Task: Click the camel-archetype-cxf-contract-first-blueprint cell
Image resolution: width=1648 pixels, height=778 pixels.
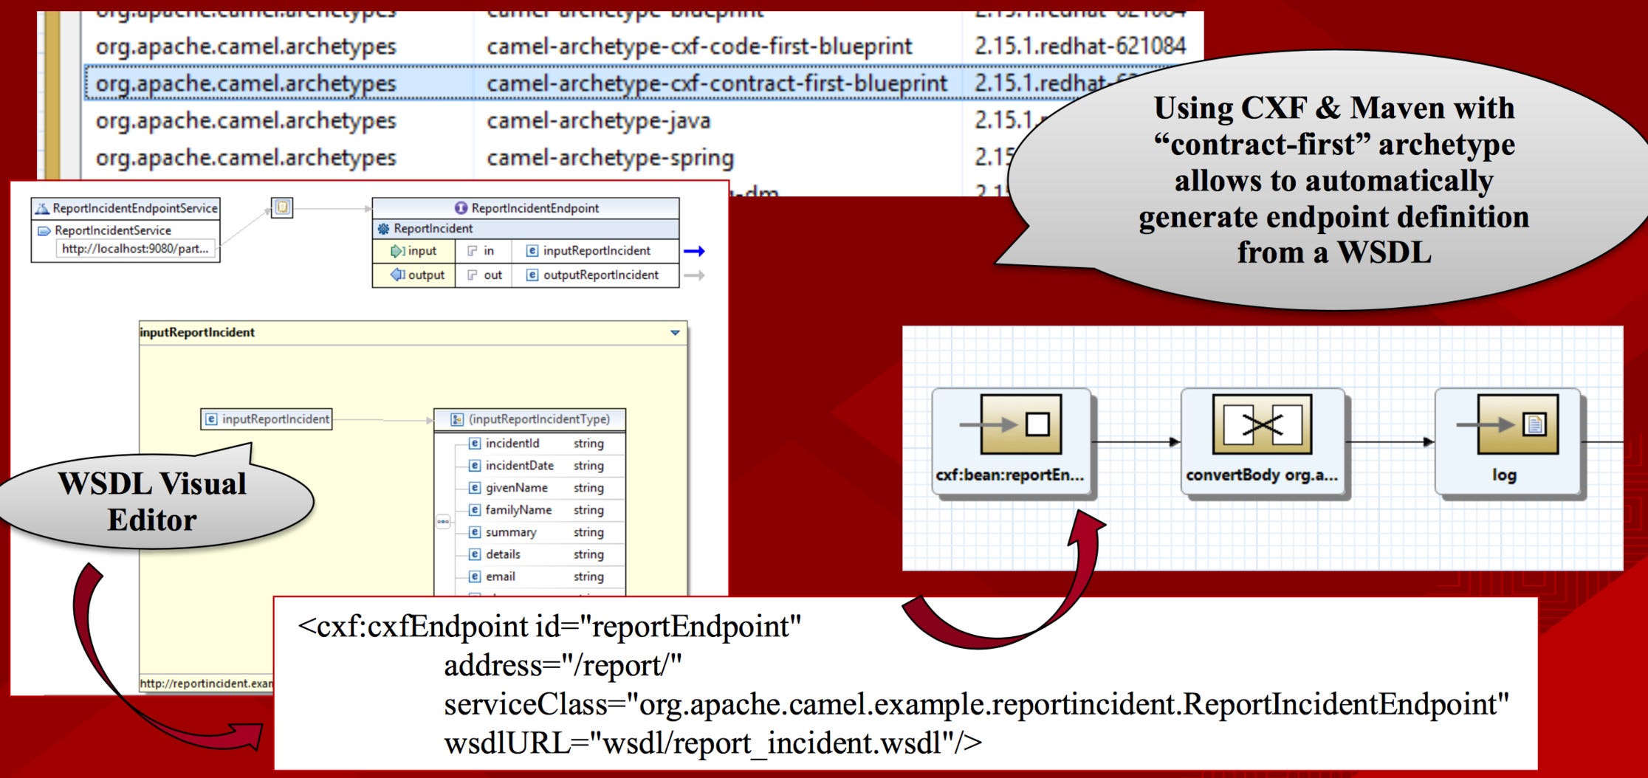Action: (x=716, y=83)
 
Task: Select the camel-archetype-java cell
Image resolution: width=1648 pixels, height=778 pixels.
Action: (x=598, y=120)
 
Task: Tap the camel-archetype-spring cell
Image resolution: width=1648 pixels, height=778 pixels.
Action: (x=610, y=158)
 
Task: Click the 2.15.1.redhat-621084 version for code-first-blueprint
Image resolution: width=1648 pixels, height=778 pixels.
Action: (x=1079, y=46)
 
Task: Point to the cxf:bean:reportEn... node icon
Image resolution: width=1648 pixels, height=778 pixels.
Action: (x=1020, y=424)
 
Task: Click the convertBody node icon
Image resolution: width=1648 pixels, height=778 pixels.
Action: (x=1262, y=424)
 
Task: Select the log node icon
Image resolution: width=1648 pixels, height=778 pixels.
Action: (x=1517, y=424)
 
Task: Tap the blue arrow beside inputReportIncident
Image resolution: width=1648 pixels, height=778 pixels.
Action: (x=694, y=251)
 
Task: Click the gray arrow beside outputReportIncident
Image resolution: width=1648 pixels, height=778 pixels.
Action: (x=694, y=275)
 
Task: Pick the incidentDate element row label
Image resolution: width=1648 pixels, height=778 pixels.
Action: (x=519, y=465)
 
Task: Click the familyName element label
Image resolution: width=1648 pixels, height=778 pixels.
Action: (x=518, y=509)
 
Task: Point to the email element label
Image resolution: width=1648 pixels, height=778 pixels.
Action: (x=500, y=576)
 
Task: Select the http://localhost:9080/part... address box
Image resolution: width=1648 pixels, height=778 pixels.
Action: (x=135, y=249)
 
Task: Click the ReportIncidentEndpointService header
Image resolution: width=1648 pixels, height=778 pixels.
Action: (x=134, y=208)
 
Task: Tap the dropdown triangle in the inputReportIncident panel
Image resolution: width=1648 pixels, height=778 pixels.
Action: (x=675, y=333)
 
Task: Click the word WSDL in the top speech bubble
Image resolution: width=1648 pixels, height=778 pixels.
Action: (x=1384, y=252)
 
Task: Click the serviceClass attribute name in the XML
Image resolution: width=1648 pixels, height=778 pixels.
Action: (x=526, y=704)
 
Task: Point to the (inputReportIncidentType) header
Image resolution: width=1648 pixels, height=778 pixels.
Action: (x=539, y=419)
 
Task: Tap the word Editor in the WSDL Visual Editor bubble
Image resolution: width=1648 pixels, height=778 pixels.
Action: (x=152, y=520)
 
